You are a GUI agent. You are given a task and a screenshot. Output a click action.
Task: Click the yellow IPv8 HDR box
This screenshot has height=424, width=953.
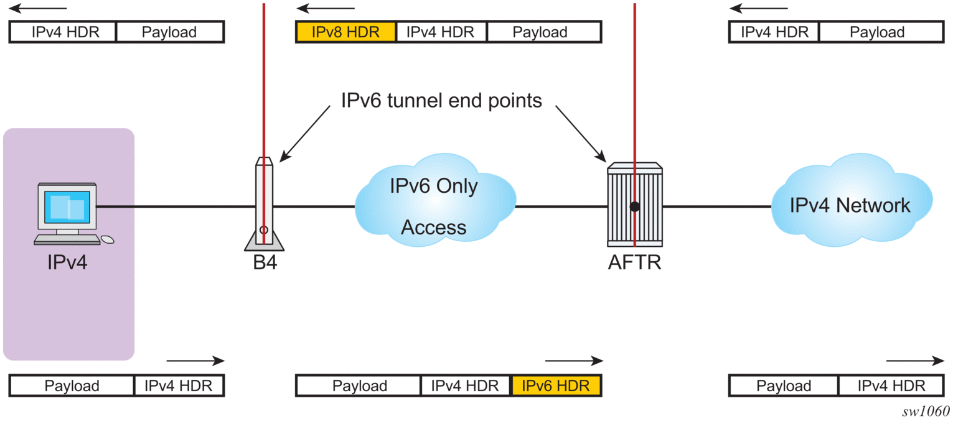tap(345, 32)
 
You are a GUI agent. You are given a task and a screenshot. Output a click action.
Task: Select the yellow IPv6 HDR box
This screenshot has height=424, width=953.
tap(555, 386)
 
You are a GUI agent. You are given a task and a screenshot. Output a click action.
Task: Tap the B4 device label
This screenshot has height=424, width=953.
tap(265, 262)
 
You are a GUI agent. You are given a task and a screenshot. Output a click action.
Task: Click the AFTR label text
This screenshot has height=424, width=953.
tap(634, 262)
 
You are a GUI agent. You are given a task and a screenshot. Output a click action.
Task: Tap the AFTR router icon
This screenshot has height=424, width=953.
tap(634, 205)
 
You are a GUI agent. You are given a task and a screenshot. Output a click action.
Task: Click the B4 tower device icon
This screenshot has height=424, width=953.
tap(264, 205)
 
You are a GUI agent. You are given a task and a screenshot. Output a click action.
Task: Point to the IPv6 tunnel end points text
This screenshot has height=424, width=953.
tap(441, 101)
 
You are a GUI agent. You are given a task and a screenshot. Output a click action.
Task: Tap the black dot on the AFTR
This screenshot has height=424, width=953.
tap(634, 207)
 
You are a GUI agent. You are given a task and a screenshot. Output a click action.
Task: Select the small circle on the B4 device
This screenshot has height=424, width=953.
tap(264, 230)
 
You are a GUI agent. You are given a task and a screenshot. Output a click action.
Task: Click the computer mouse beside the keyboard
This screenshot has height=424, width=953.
tap(108, 239)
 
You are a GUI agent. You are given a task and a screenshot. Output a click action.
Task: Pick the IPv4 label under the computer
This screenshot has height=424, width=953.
tap(67, 262)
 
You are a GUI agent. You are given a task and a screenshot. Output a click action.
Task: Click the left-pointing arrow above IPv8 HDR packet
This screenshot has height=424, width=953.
tap(325, 9)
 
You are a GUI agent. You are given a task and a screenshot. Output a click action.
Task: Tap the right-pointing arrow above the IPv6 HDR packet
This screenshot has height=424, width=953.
tap(574, 361)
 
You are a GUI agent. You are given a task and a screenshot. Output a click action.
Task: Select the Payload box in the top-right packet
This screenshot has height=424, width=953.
tap(877, 32)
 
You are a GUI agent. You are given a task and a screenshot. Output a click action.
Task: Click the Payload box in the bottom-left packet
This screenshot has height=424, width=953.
tap(72, 386)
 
